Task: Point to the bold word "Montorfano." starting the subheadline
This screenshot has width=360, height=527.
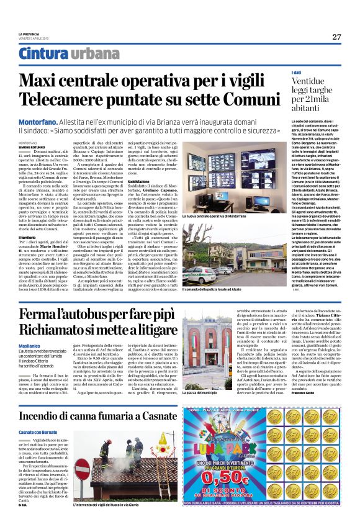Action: pyautogui.click(x=38, y=122)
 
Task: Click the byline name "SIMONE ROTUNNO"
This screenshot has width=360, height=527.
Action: pyautogui.click(x=32, y=147)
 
